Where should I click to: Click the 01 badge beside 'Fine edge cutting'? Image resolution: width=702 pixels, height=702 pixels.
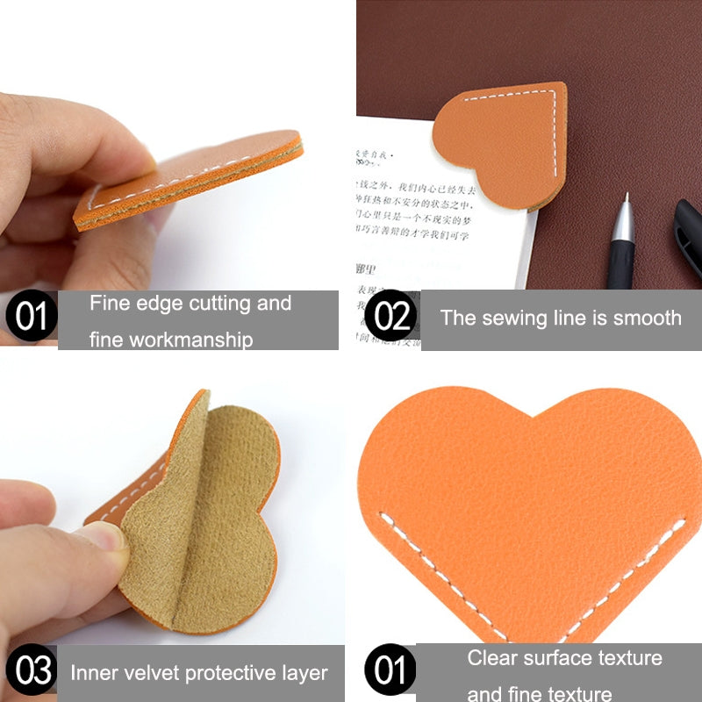31,315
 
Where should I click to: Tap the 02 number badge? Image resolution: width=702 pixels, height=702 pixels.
390,315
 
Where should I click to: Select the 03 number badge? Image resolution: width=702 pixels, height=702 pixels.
34,671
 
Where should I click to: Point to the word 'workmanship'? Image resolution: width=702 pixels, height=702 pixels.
171,339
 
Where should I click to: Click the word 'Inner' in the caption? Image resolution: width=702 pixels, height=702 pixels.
94,674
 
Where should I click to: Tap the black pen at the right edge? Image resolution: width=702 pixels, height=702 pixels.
688,237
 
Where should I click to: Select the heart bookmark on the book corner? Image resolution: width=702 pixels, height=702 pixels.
505,140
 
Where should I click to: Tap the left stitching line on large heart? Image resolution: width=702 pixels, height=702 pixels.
439,570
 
